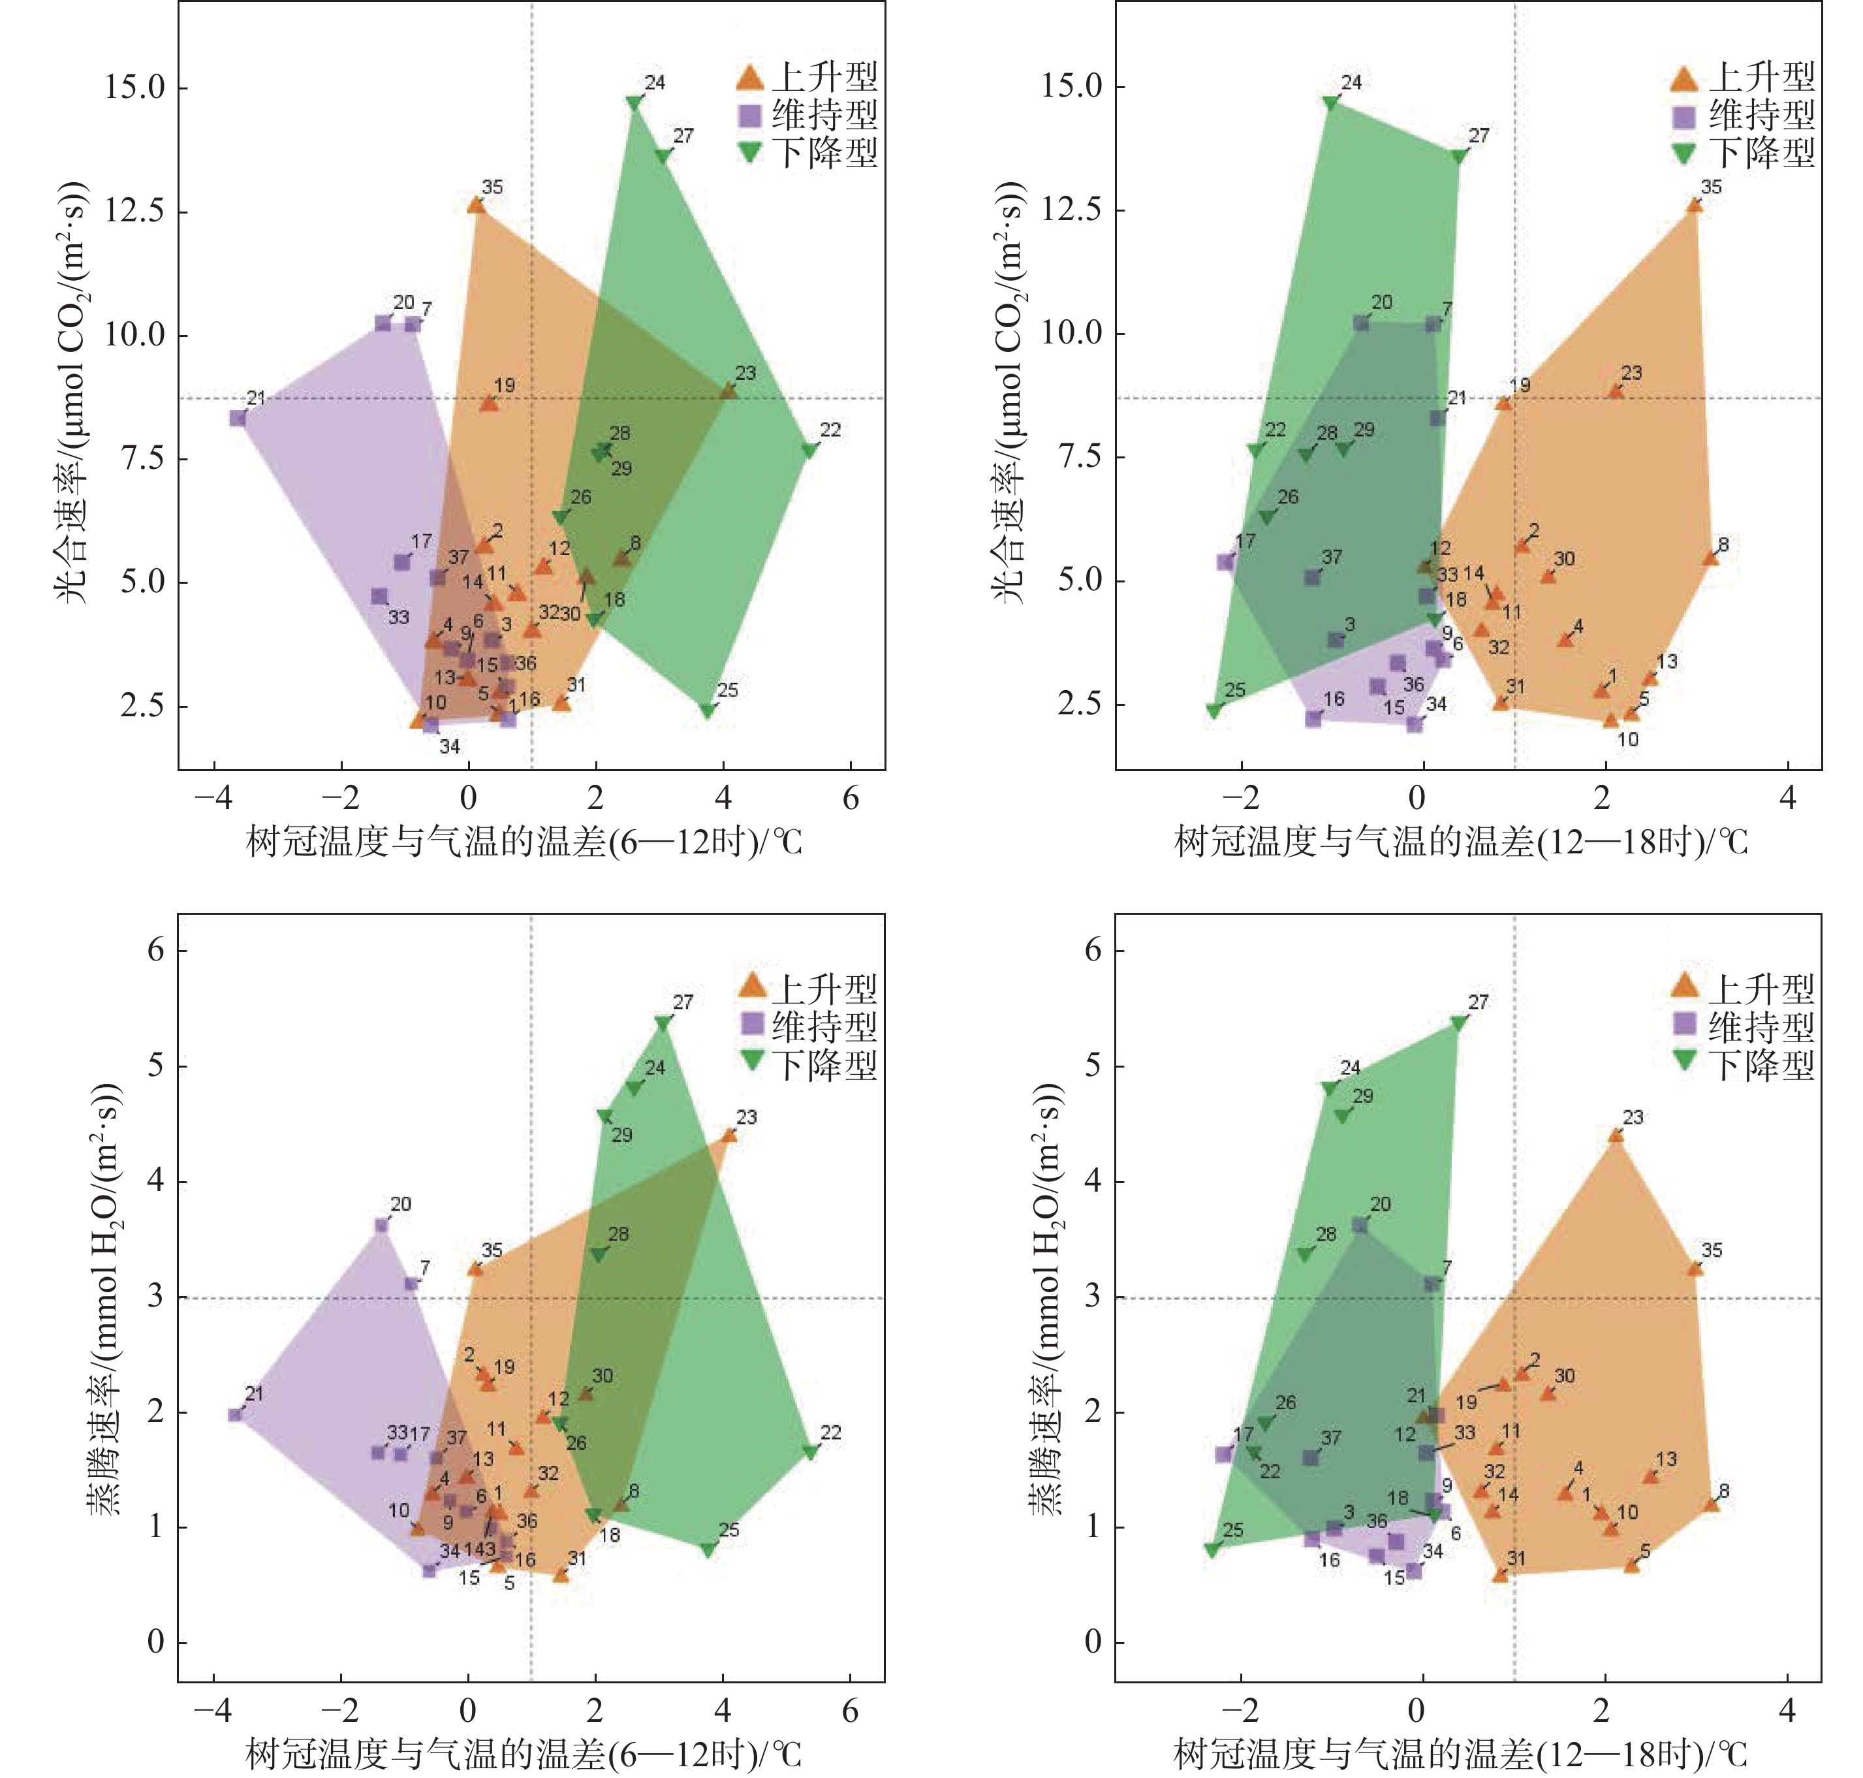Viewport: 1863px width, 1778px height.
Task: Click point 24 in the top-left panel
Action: pos(634,103)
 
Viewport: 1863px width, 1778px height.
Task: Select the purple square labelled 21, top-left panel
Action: pos(238,418)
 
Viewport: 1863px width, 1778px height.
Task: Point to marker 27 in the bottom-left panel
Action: pos(663,1024)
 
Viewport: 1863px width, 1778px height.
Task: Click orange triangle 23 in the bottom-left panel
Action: pos(728,1134)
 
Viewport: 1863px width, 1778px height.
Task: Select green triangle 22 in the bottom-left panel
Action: pos(810,1452)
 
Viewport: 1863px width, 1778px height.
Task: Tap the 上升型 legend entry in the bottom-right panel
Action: pos(1744,989)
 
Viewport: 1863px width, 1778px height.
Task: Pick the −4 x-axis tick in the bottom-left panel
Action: pos(213,1711)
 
